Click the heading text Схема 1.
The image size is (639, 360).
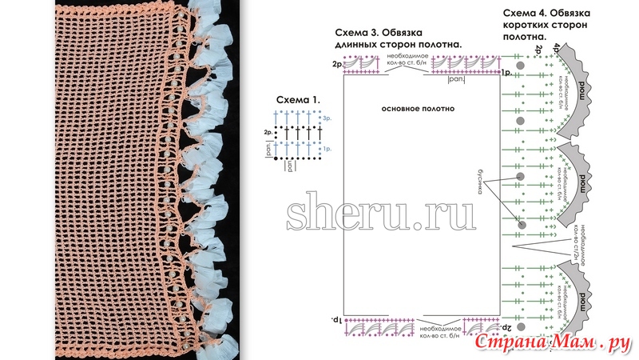298,99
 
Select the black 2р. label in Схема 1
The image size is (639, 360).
267,133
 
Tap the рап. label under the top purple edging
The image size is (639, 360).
457,79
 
